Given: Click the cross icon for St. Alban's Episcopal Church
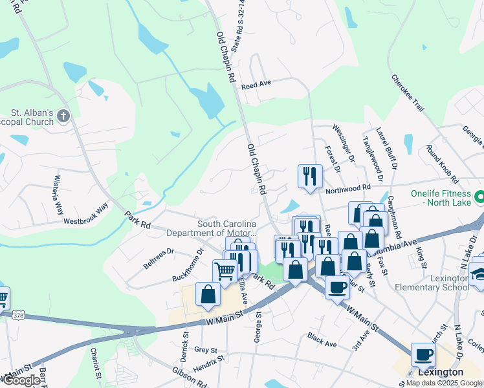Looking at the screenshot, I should [63, 116].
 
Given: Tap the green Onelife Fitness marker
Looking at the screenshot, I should [480, 196].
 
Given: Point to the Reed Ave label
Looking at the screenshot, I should [256, 85].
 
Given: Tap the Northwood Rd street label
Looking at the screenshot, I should [348, 189].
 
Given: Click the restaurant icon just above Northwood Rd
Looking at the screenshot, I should [310, 176].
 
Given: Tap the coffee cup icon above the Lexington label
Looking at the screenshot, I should [423, 354].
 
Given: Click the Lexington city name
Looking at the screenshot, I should [441, 372].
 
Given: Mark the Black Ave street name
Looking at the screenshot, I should [322, 340].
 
